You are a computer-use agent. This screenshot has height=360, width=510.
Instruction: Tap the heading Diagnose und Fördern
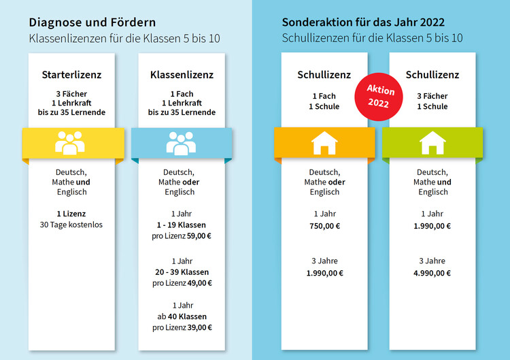point(92,22)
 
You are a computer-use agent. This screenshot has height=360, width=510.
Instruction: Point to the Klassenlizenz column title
point(182,74)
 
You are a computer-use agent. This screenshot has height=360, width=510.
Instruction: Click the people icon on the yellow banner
point(70,144)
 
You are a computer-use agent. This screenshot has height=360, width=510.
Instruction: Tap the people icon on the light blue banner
point(181,144)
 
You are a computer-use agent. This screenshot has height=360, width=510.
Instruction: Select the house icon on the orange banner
point(324,144)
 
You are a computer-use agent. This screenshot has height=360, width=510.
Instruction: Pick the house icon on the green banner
point(432,144)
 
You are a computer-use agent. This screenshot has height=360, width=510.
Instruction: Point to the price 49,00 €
point(199,282)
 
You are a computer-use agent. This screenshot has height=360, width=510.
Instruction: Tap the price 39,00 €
point(199,327)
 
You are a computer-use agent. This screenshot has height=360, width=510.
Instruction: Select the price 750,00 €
point(324,226)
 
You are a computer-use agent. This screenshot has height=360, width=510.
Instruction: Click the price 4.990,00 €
point(432,273)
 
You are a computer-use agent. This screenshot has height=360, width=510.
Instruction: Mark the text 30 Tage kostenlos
point(71,224)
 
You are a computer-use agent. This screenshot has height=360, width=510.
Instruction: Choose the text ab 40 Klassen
point(182,316)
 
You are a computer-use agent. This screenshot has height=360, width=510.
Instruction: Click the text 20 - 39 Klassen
point(182,272)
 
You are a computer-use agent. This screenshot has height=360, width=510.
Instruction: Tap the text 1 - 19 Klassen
point(182,225)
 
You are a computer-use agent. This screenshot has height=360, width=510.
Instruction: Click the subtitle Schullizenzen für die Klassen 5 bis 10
point(372,38)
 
